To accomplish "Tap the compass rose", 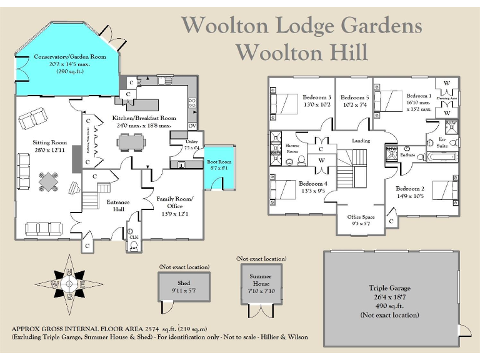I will tap(71, 283).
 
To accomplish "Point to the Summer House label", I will tap(261, 280).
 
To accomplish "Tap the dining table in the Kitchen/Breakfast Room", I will tap(132, 143).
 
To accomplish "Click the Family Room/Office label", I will tap(175, 202).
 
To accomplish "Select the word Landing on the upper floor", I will tap(361, 141).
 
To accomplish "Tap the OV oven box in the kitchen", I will tap(192, 126).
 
